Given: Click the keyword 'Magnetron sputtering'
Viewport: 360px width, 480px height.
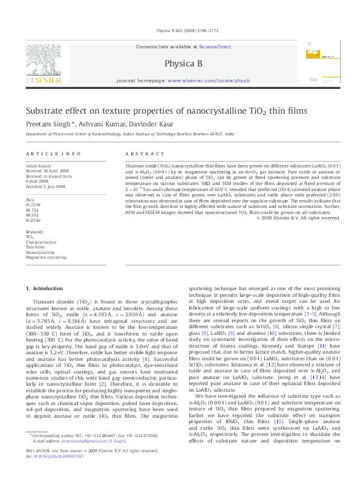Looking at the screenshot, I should [46, 257].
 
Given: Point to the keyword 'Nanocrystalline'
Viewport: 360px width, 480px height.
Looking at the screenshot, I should [41, 251].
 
